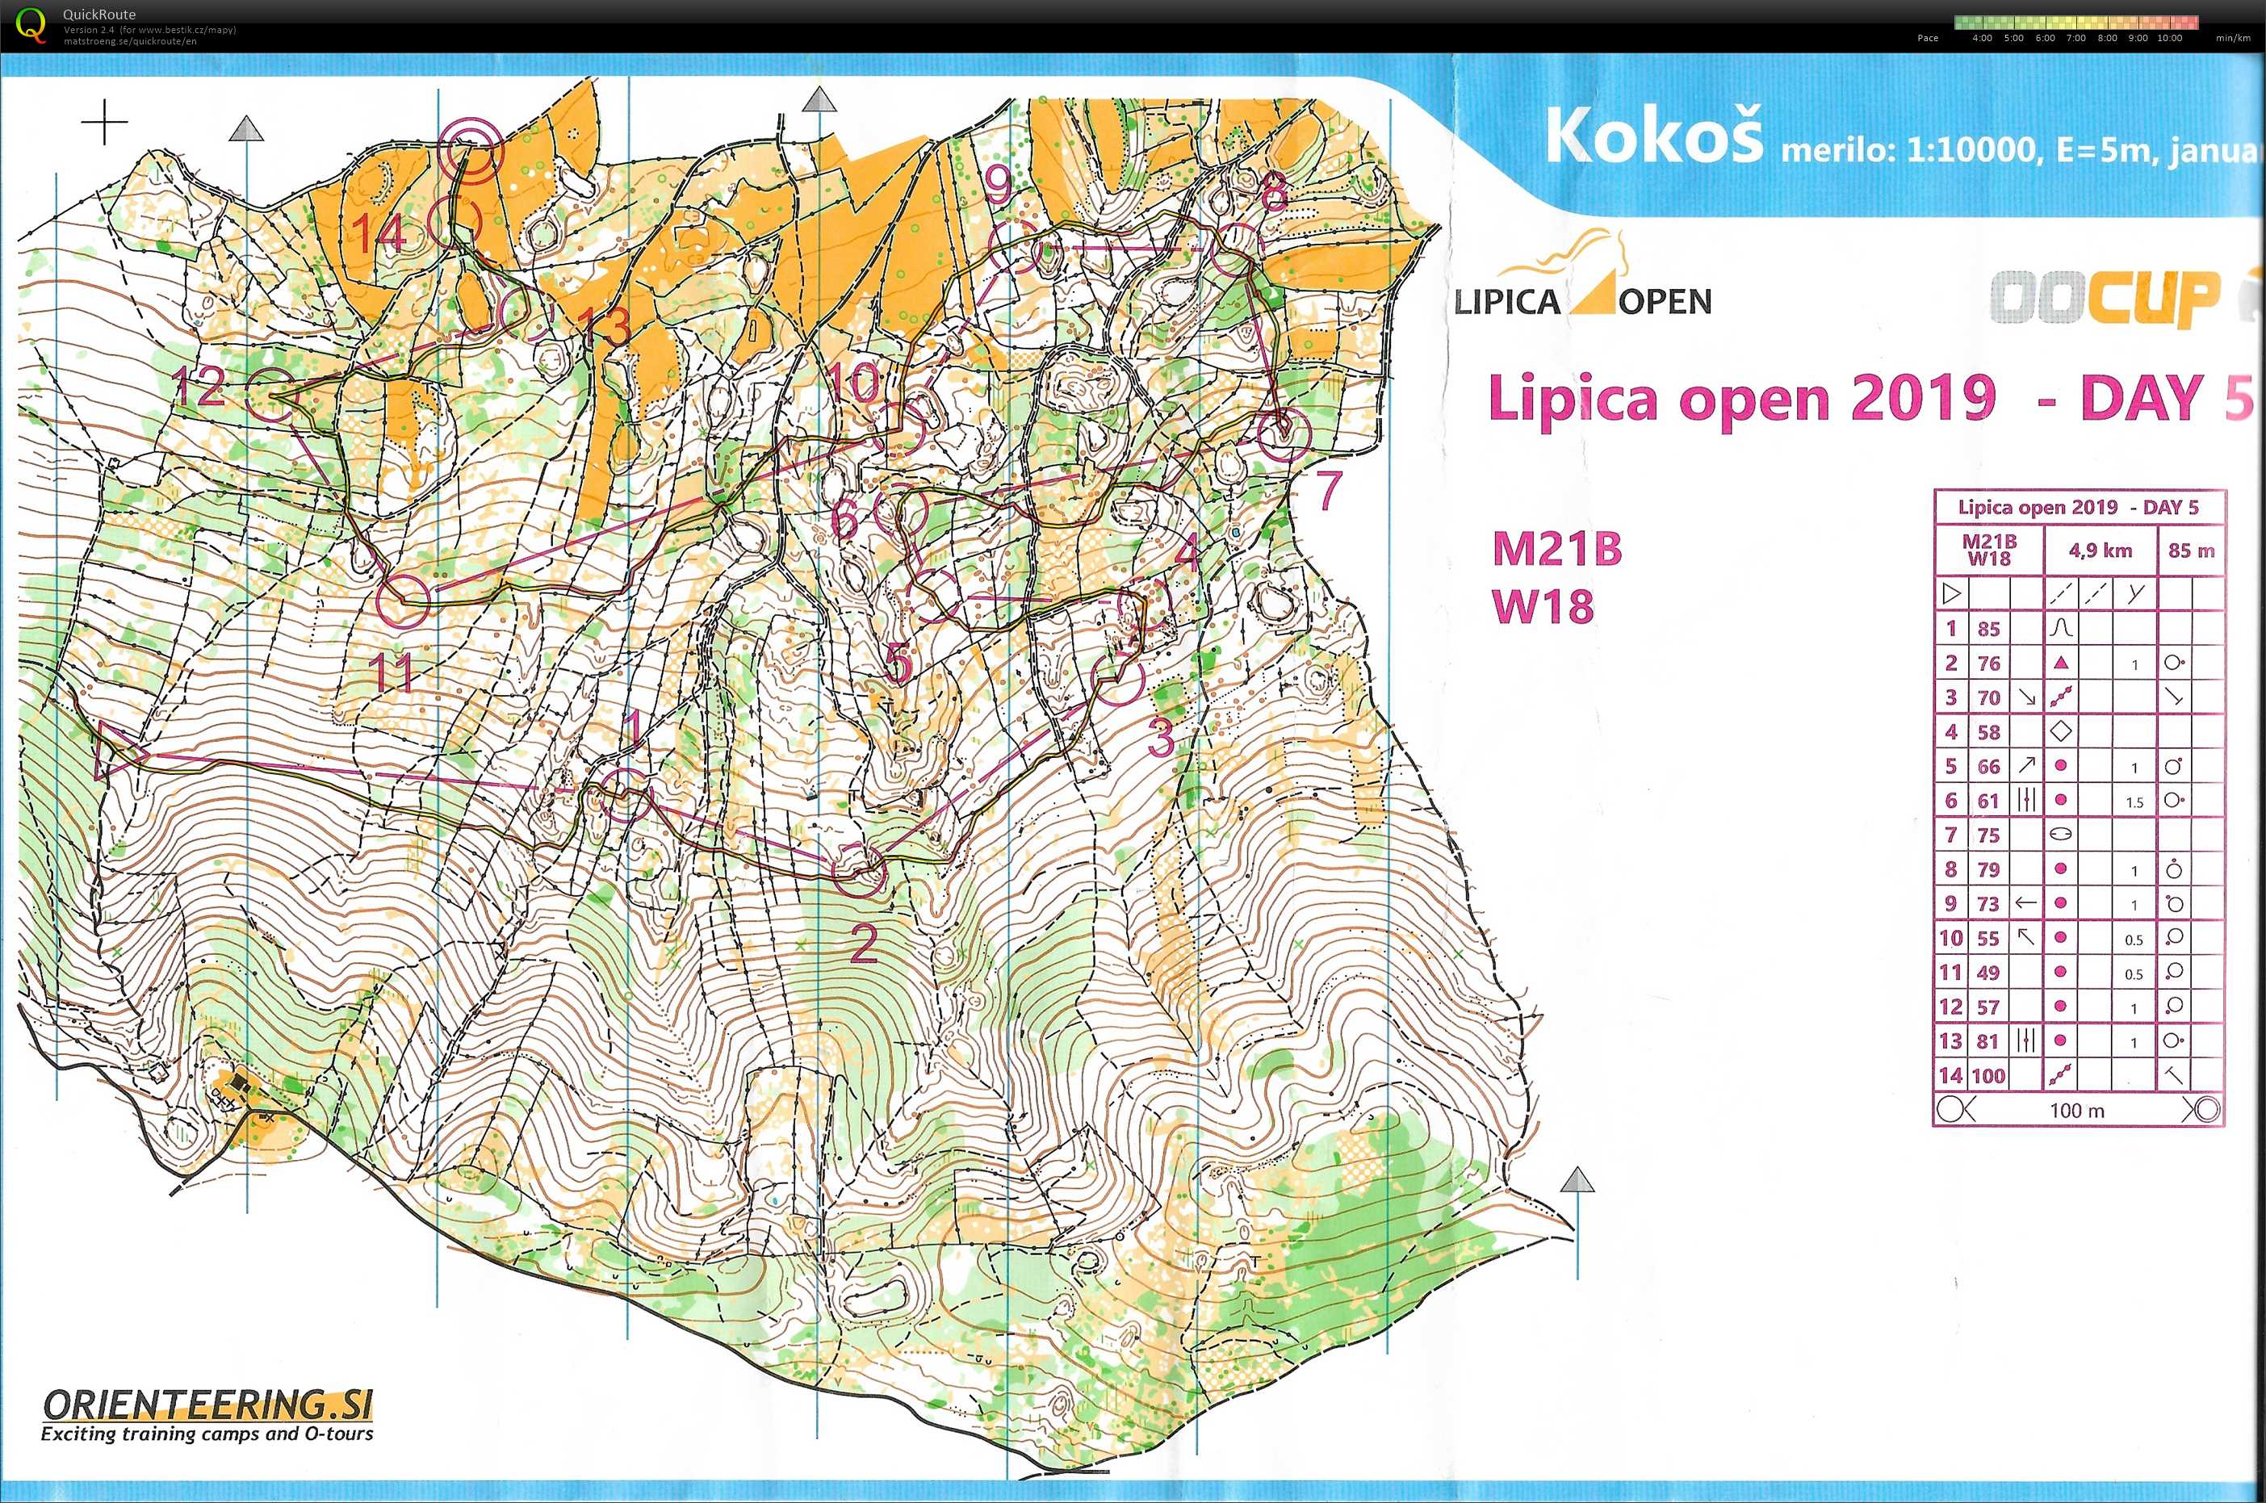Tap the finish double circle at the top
click(471, 152)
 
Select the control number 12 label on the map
click(199, 387)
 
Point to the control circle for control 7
click(1283, 433)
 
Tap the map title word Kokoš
click(1653, 136)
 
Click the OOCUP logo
click(2109, 297)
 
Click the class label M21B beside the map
click(1556, 549)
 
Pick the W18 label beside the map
click(1543, 605)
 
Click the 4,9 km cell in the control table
click(2101, 551)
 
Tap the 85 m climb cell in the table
click(2191, 551)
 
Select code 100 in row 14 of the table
click(1989, 1075)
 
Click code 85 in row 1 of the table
click(1989, 629)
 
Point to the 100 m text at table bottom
click(2077, 1110)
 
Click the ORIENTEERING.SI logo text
click(207, 1405)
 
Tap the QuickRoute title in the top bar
click(98, 15)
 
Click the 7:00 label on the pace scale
click(2076, 39)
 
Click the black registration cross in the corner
click(104, 123)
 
